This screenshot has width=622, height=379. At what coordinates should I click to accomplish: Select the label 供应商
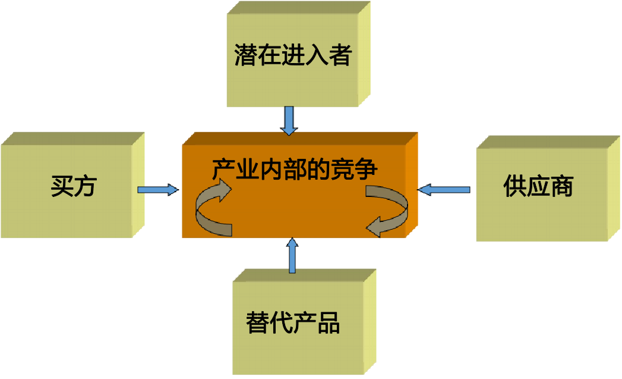tap(538, 186)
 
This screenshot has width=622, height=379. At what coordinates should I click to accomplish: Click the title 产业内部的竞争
tap(295, 169)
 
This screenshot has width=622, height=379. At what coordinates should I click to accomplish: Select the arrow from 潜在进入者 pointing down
tap(289, 120)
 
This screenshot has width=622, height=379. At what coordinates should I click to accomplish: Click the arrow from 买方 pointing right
tap(158, 190)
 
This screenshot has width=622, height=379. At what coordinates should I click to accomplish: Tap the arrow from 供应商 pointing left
tap(444, 190)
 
